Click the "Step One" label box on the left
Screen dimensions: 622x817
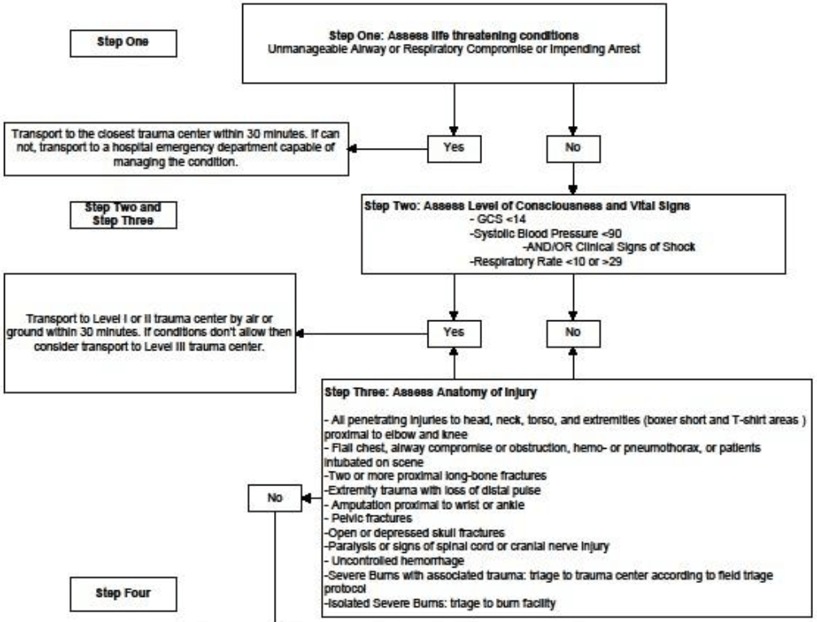[x=123, y=43]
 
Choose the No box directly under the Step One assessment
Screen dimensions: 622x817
[x=574, y=150]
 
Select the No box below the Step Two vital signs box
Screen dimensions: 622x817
[x=574, y=333]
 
